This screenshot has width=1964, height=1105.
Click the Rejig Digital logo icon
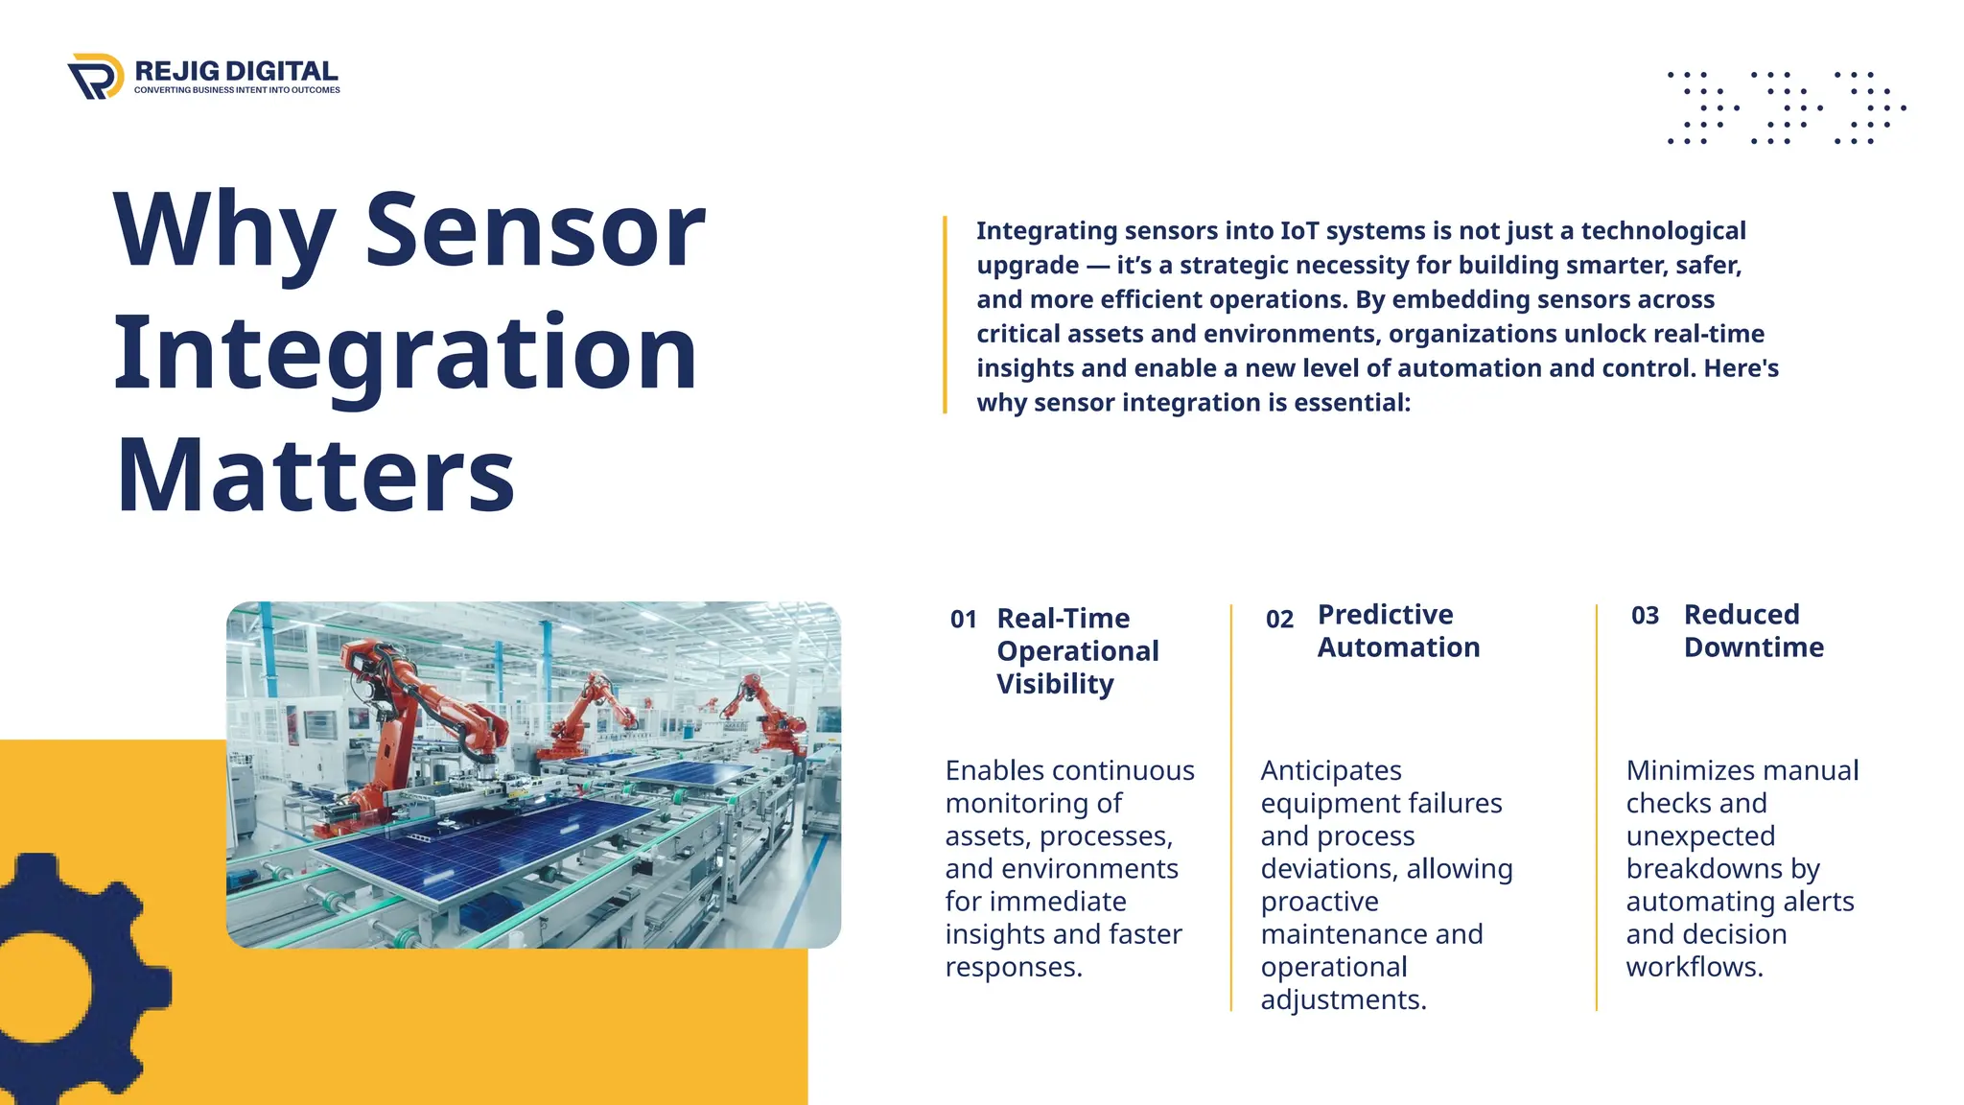pos(96,76)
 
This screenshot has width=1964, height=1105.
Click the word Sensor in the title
pos(535,230)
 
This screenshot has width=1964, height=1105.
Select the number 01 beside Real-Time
pos(963,620)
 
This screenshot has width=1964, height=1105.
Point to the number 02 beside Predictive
pos(1279,620)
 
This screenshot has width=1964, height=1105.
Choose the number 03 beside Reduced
pos(1645,616)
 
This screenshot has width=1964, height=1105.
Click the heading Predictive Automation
pos(1398,631)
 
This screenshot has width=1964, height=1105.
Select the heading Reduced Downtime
pos(1753,631)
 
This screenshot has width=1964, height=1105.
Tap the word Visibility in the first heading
pos(1055,684)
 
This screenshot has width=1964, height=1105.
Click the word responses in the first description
pos(1014,967)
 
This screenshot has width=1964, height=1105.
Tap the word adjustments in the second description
pos(1343,999)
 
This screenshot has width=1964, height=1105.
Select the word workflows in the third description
pos(1695,967)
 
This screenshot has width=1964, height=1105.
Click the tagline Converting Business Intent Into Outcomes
pos(237,90)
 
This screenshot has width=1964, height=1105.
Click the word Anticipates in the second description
pos(1331,770)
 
